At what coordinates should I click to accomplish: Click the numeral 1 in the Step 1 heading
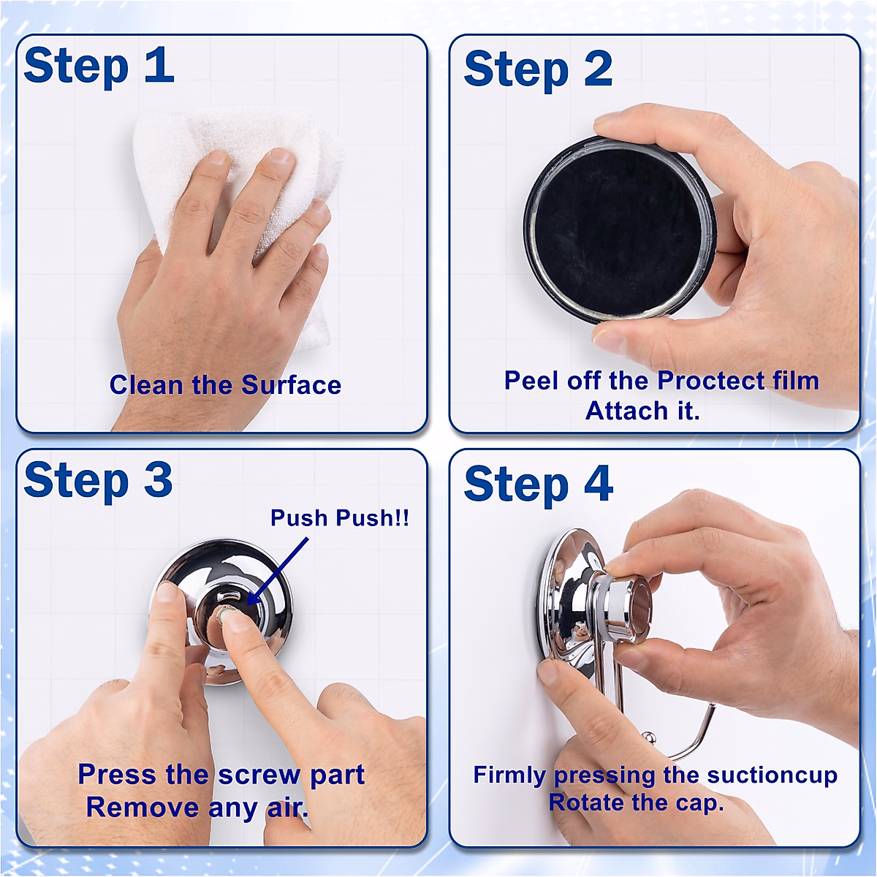[x=160, y=64]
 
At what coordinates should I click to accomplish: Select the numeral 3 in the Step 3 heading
[x=158, y=478]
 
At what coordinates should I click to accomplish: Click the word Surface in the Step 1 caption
[x=292, y=385]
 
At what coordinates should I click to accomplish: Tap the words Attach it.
[x=642, y=411]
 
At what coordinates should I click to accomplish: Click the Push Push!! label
[x=340, y=517]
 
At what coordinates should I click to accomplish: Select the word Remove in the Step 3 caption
[x=143, y=808]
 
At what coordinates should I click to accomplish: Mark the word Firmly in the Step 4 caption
[x=509, y=775]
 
